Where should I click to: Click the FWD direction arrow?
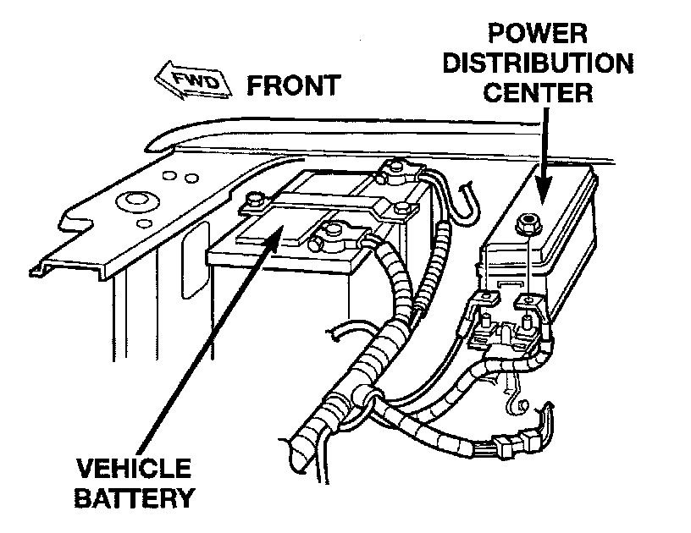[x=191, y=83]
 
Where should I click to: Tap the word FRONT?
[x=292, y=85]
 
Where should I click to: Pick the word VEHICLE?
[x=134, y=468]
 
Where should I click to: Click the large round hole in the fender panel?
[x=133, y=202]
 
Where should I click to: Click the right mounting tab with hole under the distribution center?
[x=526, y=301]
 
